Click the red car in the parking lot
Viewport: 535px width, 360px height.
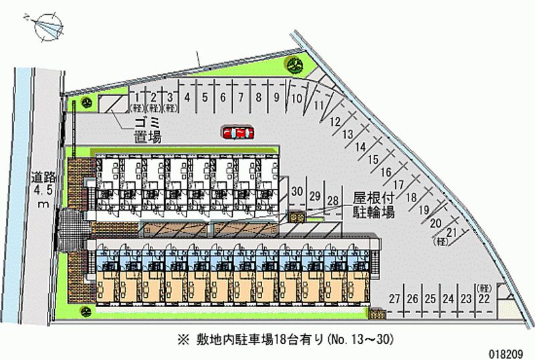pos(237,132)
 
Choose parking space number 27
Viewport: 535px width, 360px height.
pos(395,298)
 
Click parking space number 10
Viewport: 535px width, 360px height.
pos(294,98)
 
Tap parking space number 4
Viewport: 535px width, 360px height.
pos(187,97)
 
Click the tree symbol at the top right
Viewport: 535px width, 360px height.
pos(295,64)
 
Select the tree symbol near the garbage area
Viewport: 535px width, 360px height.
pos(86,103)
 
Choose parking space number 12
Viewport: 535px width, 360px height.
pos(336,121)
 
